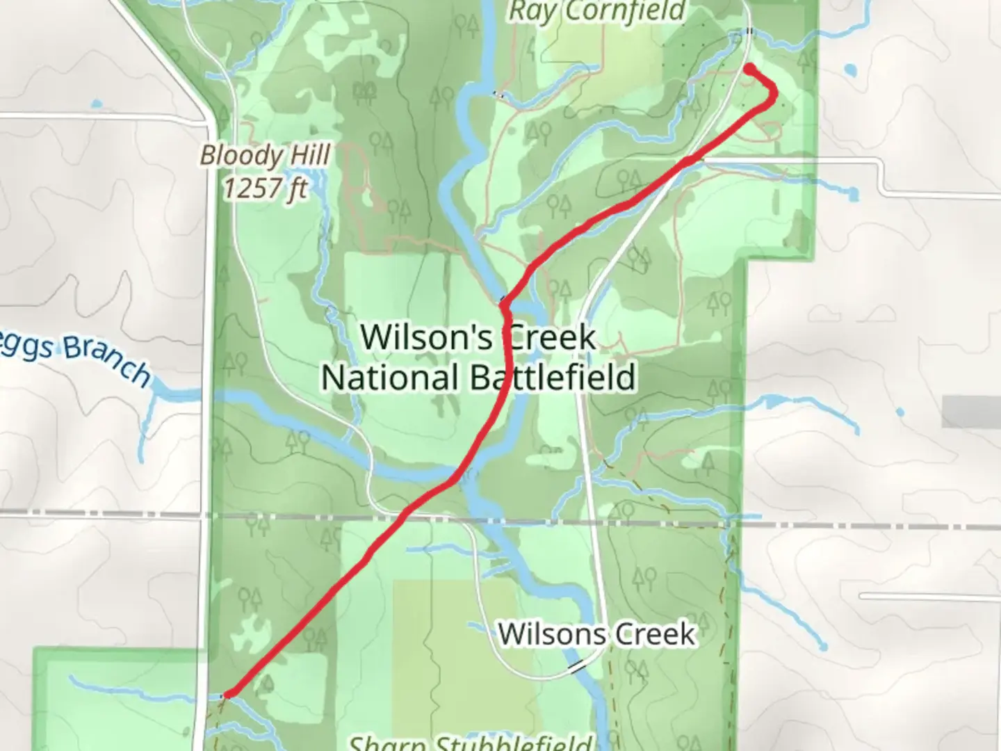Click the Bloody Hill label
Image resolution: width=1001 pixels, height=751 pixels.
tap(264, 155)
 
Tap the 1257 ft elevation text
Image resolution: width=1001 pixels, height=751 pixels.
tap(265, 188)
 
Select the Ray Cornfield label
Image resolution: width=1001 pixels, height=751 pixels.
tap(596, 11)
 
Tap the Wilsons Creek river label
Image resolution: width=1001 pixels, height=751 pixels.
tap(596, 633)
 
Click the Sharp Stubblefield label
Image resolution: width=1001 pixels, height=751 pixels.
tap(470, 743)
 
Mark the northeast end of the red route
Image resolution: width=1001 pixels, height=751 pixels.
tap(750, 67)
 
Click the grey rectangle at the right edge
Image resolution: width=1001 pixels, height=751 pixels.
tap(971, 412)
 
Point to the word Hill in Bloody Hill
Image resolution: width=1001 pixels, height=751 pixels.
tap(307, 155)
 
